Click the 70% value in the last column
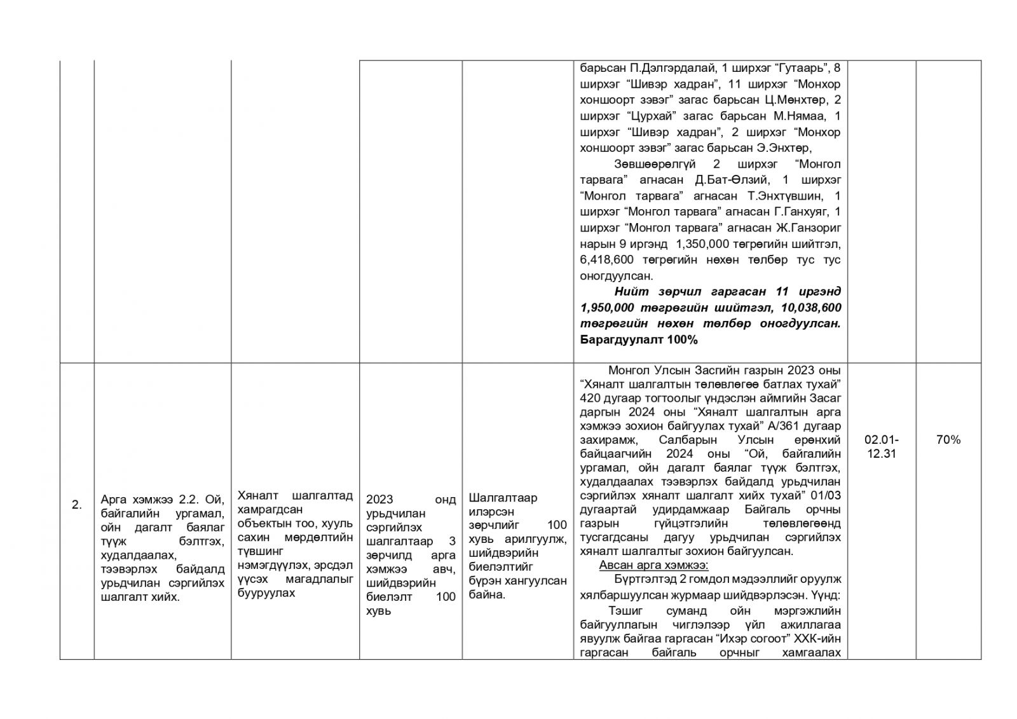(x=948, y=439)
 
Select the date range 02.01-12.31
(x=881, y=446)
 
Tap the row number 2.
(x=76, y=505)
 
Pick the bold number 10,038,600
(x=809, y=308)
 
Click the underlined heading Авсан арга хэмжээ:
(x=653, y=565)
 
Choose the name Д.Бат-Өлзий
(x=732, y=180)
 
